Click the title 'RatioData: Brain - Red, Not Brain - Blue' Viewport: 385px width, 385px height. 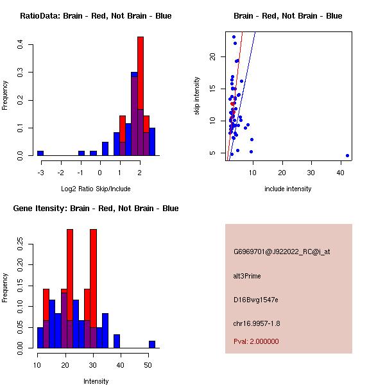point(96,16)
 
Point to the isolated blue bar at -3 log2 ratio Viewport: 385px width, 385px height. point(40,153)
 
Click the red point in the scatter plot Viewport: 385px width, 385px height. point(232,103)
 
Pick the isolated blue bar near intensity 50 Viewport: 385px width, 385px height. point(152,345)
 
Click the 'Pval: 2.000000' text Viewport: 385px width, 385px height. point(256,341)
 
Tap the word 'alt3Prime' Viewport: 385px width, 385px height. point(247,276)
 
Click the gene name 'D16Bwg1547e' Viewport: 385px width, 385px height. point(255,300)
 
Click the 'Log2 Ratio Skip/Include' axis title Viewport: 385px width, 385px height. point(96,189)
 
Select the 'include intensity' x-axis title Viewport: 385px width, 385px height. point(288,189)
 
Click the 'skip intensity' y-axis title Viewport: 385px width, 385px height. point(198,96)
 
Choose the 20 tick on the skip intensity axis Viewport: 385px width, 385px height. point(213,56)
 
